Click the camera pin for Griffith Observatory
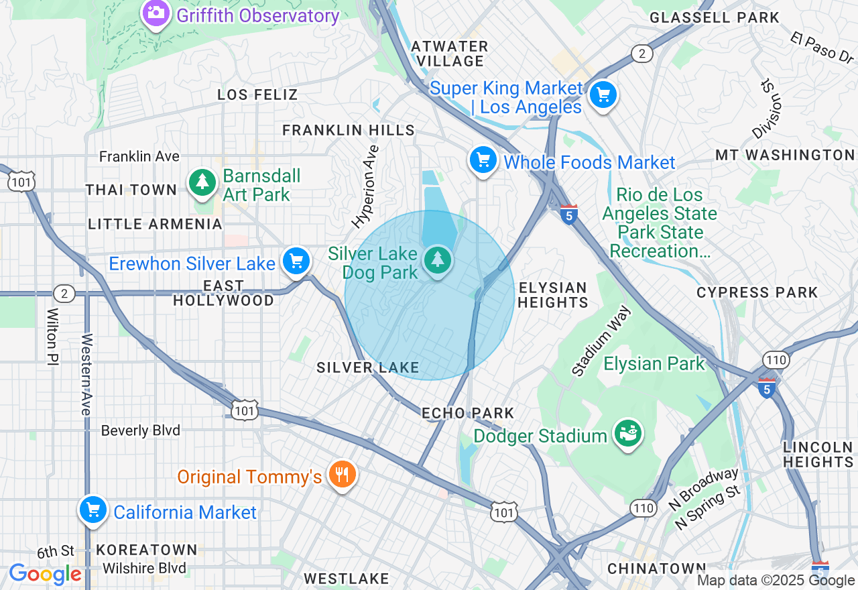point(156,13)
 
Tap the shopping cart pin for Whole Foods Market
point(483,161)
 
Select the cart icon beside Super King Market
point(603,96)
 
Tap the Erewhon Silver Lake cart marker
point(296,261)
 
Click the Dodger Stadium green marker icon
point(628,434)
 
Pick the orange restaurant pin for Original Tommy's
point(343,475)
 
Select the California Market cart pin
point(93,511)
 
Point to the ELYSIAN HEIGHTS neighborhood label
point(552,295)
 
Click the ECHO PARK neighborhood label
point(468,413)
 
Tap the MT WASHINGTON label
point(785,155)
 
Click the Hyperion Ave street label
point(366,186)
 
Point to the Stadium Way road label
point(601,341)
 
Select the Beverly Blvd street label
point(140,430)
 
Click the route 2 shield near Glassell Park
point(641,54)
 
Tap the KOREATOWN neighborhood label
point(147,550)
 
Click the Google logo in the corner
point(45,574)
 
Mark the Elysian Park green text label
point(654,364)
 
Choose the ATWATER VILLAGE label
point(449,54)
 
